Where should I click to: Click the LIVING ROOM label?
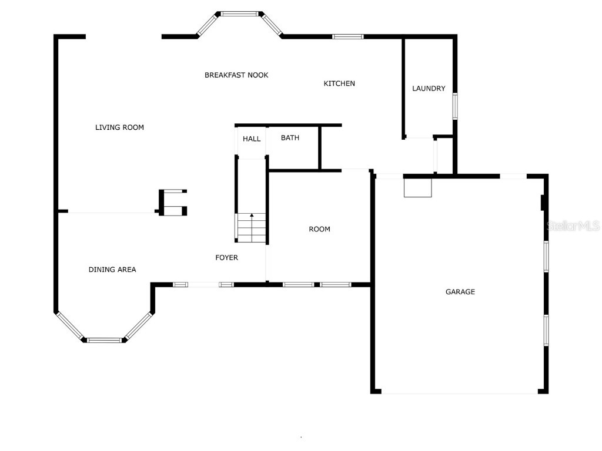click(x=119, y=127)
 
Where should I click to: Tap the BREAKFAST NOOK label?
click(x=236, y=75)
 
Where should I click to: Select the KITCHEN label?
click(x=339, y=83)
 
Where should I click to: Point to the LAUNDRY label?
click(x=429, y=89)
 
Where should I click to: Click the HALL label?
click(x=252, y=139)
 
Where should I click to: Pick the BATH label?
click(x=290, y=137)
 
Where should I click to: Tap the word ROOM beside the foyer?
click(x=319, y=230)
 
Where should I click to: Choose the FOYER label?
click(x=226, y=258)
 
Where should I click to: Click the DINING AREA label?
click(x=112, y=270)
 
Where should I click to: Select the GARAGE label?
click(x=460, y=292)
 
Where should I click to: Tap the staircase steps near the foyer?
click(x=252, y=228)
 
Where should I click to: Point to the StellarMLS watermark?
click(x=573, y=226)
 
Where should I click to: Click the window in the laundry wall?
click(x=455, y=106)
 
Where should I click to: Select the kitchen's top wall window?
click(x=348, y=37)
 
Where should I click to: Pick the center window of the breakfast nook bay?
click(x=240, y=14)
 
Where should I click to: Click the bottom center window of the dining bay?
click(x=104, y=340)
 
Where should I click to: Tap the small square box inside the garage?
click(x=418, y=188)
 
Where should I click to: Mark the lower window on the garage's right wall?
click(x=546, y=330)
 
